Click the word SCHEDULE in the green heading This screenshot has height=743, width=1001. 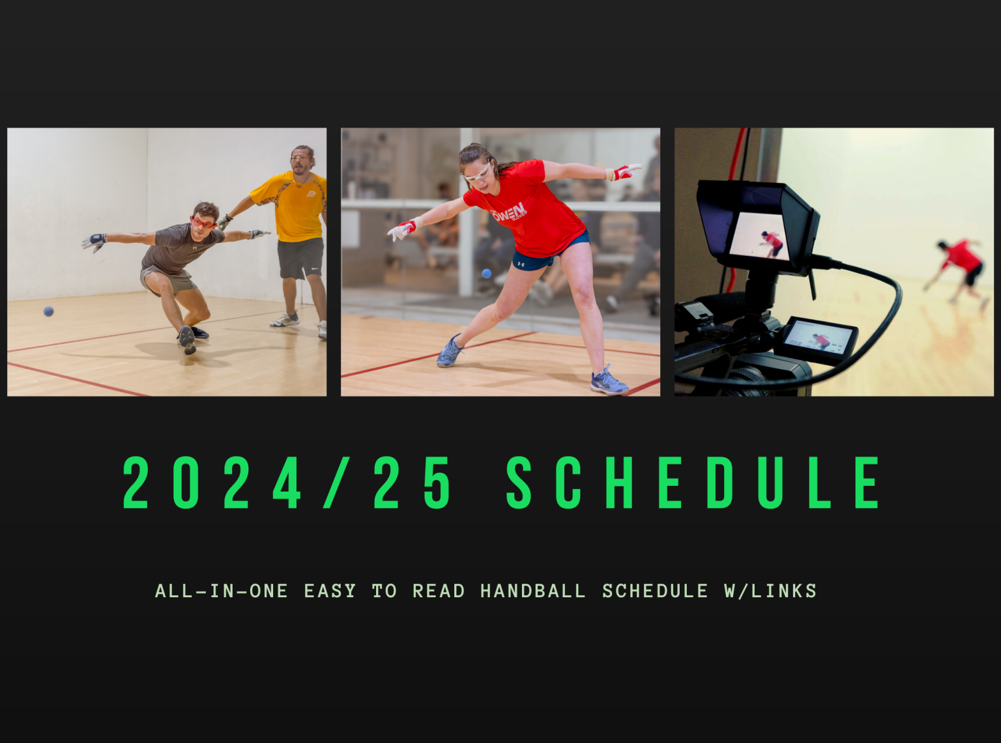pyautogui.click(x=693, y=483)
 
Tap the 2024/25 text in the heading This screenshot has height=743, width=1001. pyautogui.click(x=287, y=483)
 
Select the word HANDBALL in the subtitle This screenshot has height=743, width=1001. pyautogui.click(x=532, y=591)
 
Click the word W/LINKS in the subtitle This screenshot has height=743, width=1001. pyautogui.click(x=770, y=591)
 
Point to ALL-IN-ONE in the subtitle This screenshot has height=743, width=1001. pyautogui.click(x=222, y=591)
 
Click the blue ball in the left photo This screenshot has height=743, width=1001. pyautogui.click(x=48, y=311)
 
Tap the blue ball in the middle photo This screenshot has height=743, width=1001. pyautogui.click(x=486, y=273)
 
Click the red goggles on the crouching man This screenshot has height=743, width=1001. pyautogui.click(x=203, y=223)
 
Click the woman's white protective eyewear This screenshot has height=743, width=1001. pyautogui.click(x=477, y=172)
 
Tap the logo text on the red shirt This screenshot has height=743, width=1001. pyautogui.click(x=510, y=212)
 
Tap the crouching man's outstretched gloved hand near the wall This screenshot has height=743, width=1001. pyautogui.click(x=94, y=242)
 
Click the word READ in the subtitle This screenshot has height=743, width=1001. pyautogui.click(x=438, y=591)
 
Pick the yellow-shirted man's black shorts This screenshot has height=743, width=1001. pyautogui.click(x=300, y=258)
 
